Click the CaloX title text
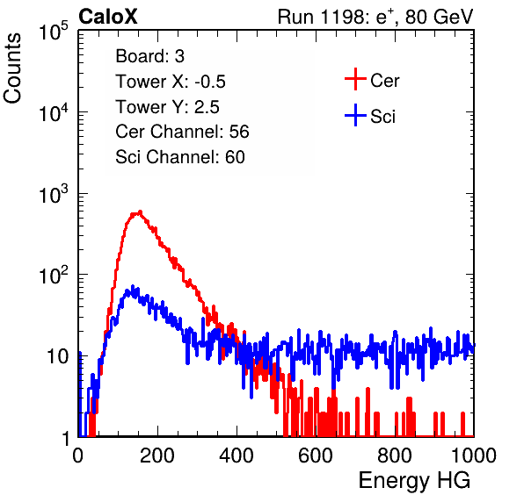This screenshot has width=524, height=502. point(107,17)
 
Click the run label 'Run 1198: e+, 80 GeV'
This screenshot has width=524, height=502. point(375,17)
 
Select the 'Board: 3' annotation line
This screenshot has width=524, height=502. point(149,56)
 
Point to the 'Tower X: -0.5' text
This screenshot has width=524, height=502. point(171,82)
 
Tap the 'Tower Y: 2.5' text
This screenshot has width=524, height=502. point(167,107)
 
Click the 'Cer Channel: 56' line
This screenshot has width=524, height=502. point(182,132)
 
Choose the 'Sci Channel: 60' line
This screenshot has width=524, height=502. point(180,157)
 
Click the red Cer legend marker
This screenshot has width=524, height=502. point(355,79)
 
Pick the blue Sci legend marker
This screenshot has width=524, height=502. point(355,116)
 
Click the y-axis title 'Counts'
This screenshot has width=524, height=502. point(12,68)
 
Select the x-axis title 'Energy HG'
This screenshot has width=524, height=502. point(414,481)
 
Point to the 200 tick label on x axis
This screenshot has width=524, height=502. point(157,455)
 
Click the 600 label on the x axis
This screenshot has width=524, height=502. point(316,455)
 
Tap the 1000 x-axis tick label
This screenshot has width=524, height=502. point(474,455)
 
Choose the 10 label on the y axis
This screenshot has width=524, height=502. point(58,356)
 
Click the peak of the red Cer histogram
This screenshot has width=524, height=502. point(141,212)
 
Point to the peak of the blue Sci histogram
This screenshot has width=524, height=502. point(133,287)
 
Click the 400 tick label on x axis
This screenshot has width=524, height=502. point(237,455)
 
